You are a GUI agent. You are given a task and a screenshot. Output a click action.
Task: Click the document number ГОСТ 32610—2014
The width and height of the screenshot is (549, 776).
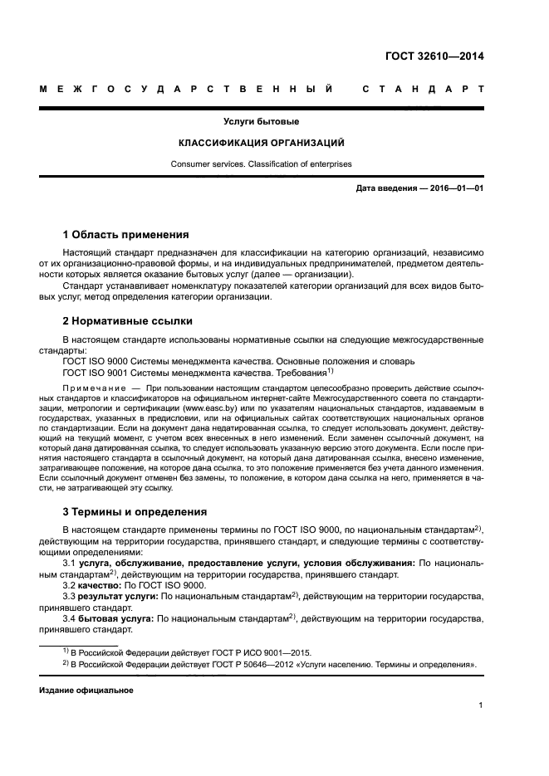434,57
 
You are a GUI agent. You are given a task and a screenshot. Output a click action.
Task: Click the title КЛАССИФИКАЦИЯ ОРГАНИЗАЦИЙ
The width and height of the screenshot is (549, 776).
262,142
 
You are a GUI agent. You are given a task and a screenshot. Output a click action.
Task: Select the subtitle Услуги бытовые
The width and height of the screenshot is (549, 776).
262,121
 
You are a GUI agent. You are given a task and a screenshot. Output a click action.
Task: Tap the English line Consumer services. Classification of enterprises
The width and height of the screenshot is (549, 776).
262,164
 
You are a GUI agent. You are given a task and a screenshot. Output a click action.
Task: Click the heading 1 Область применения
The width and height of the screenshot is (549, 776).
125,234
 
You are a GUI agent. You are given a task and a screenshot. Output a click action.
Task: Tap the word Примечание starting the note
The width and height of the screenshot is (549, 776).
93,388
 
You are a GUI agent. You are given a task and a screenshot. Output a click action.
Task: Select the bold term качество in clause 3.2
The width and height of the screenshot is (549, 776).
102,584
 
